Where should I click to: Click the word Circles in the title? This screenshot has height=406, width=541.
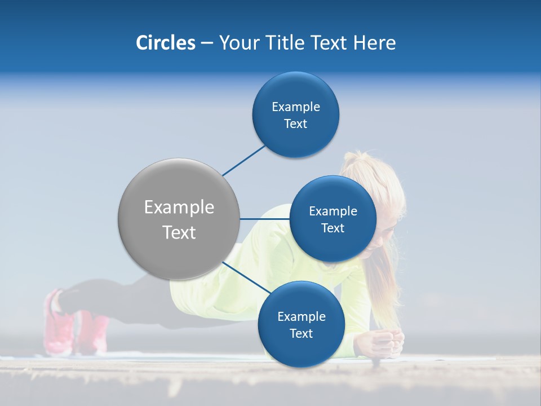165,43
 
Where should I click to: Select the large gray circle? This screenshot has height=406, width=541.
179,219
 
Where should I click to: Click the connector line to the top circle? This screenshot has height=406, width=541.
243,160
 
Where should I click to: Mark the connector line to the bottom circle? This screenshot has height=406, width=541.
245,277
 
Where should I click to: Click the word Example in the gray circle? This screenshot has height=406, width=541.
179,207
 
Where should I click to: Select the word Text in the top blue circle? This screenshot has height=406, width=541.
295,123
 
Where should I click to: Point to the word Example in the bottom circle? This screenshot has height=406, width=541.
301,316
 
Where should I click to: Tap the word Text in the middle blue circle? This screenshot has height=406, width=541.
332,228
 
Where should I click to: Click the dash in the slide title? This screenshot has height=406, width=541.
207,43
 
